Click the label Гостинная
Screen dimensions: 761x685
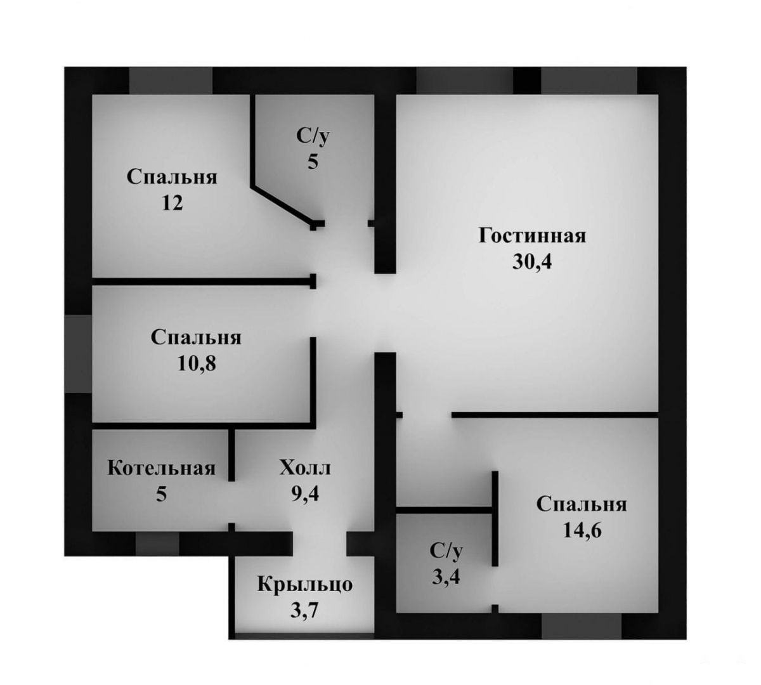(532, 236)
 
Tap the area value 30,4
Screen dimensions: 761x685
(532, 261)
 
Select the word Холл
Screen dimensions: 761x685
(306, 468)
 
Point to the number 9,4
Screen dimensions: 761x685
(306, 493)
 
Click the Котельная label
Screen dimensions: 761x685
(162, 468)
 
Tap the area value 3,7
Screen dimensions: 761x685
(304, 611)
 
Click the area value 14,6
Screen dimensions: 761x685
(582, 530)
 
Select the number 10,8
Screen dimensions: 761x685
(197, 363)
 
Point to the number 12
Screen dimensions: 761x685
(172, 203)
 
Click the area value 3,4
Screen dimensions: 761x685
(446, 577)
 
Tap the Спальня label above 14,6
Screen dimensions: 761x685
(582, 505)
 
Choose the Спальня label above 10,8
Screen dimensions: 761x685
(196, 337)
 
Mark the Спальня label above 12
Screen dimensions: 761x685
(172, 177)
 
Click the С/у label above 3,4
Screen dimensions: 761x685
(446, 551)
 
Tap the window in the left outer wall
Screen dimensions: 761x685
(78, 354)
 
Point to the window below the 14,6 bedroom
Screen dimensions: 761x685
(582, 626)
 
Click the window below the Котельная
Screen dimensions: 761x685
(157, 544)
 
